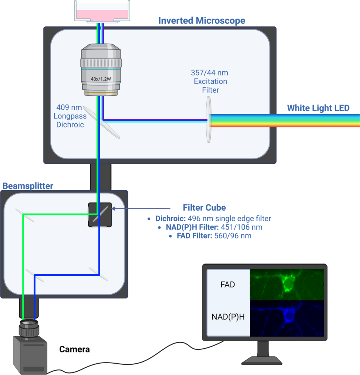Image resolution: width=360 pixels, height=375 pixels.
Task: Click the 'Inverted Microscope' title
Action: click(x=202, y=21)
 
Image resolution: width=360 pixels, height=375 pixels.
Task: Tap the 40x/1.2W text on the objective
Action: click(x=101, y=79)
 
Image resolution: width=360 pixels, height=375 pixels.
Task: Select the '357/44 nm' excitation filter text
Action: click(x=210, y=73)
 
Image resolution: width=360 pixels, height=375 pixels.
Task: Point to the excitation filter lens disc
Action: click(x=209, y=119)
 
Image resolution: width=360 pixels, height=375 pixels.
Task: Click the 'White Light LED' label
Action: click(x=318, y=108)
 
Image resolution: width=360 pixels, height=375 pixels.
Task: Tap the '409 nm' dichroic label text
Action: click(x=69, y=107)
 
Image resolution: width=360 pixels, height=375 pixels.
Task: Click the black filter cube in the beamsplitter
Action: click(x=100, y=215)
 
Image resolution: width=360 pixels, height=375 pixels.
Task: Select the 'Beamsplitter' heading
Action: click(x=28, y=186)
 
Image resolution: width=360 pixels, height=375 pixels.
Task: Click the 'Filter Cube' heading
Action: click(x=204, y=208)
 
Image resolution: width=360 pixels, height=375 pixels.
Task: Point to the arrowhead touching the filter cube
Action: click(x=113, y=208)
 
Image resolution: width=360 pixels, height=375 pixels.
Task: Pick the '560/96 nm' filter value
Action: click(x=233, y=236)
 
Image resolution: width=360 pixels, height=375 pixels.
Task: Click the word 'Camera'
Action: click(x=75, y=349)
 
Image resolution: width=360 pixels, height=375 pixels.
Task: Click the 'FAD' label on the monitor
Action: click(x=228, y=285)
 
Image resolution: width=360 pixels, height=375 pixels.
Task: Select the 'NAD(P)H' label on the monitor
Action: click(x=228, y=317)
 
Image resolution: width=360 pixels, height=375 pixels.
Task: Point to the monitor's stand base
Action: click(x=262, y=360)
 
